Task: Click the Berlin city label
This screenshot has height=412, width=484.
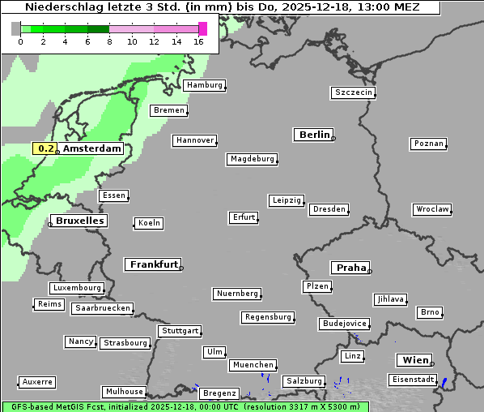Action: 313,135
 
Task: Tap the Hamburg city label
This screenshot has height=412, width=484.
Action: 203,85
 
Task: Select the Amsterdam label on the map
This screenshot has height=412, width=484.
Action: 91,148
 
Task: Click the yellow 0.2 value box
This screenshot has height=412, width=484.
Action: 45,148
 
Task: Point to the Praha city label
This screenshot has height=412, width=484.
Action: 350,268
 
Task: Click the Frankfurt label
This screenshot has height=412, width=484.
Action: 153,264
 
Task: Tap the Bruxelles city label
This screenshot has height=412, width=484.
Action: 79,221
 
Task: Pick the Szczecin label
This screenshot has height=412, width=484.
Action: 354,92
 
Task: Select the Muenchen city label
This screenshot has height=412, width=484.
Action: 253,365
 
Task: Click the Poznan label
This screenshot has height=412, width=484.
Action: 428,144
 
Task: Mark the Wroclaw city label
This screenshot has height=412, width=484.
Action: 431,209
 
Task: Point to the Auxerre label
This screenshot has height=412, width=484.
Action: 37,381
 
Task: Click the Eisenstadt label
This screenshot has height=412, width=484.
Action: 412,380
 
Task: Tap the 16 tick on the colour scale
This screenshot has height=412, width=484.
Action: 198,41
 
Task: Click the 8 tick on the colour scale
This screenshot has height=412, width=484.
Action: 109,41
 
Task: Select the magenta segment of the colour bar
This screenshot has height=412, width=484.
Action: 202,28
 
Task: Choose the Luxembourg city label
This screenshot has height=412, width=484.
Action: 76,288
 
